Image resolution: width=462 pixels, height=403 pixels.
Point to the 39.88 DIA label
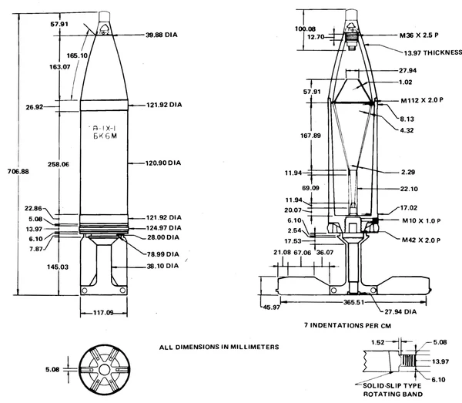click(x=162, y=35)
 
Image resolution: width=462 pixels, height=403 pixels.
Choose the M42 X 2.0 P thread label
click(x=423, y=240)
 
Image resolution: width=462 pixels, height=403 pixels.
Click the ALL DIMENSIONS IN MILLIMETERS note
click(x=216, y=347)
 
